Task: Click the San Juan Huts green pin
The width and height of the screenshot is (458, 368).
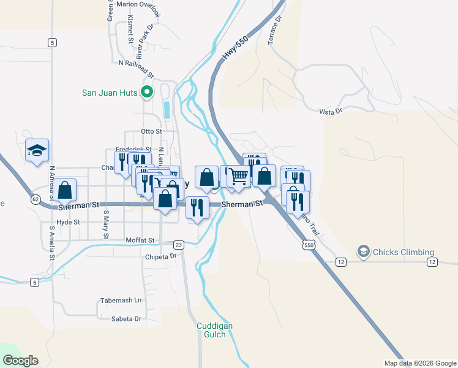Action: coord(146,93)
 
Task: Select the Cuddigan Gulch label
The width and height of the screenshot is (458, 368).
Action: coord(214,331)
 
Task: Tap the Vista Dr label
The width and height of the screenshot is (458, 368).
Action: coord(330,111)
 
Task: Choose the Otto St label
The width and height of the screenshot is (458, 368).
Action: coord(151,131)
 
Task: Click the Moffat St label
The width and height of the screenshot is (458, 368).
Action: coord(140,240)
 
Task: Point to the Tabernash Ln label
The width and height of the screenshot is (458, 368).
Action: coord(121,301)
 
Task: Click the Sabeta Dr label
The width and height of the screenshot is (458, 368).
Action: coord(126,319)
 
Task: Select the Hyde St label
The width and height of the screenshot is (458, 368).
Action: coord(68,222)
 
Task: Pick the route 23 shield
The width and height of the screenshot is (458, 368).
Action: coord(179,244)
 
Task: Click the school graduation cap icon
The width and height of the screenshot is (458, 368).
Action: coord(37,150)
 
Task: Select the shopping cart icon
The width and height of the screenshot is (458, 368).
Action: coord(239,176)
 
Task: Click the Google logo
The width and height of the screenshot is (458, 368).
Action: coord(20,361)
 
